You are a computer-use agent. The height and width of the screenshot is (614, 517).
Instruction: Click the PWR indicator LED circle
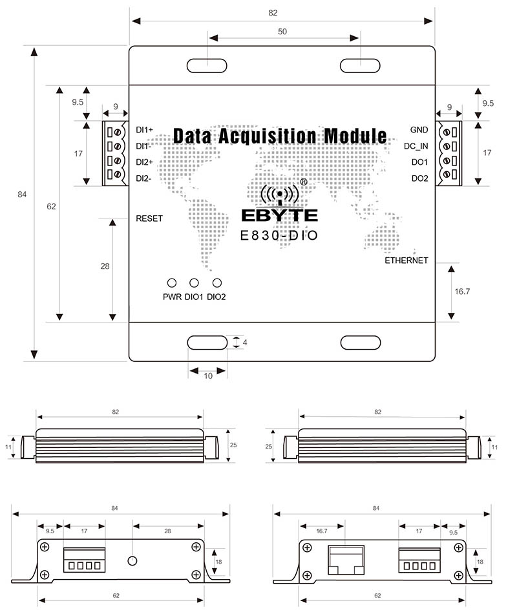click(x=172, y=283)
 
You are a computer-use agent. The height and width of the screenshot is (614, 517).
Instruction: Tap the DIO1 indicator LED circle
click(x=194, y=283)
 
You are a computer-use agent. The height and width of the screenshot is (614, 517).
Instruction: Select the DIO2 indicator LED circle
click(x=217, y=283)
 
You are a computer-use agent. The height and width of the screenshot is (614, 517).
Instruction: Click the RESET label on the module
click(x=149, y=218)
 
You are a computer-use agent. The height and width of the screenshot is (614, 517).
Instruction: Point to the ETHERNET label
click(x=406, y=260)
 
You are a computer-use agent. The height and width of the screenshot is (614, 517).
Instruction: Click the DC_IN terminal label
click(x=416, y=146)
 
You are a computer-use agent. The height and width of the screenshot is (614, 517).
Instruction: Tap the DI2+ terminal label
click(x=145, y=162)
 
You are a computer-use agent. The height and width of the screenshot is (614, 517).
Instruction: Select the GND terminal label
click(x=419, y=130)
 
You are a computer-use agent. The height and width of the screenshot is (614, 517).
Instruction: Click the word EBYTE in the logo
click(x=279, y=215)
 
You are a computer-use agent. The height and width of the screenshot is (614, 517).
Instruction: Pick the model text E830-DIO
click(x=279, y=236)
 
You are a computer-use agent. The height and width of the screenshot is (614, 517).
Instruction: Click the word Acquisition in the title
click(x=266, y=136)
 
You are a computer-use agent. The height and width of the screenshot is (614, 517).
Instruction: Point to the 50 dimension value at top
click(x=282, y=31)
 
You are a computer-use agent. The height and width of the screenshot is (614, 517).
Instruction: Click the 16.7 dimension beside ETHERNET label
click(x=462, y=291)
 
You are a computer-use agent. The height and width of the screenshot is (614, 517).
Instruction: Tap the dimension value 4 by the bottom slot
click(x=246, y=343)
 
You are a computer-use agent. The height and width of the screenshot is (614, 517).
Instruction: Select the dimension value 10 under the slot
click(x=207, y=376)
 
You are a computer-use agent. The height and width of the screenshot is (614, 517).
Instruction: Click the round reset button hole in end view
click(x=133, y=560)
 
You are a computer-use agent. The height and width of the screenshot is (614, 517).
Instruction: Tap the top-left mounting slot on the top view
click(x=207, y=65)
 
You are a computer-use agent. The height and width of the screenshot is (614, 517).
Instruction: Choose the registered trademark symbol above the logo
click(x=304, y=183)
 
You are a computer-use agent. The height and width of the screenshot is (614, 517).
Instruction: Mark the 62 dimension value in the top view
click(x=52, y=207)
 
